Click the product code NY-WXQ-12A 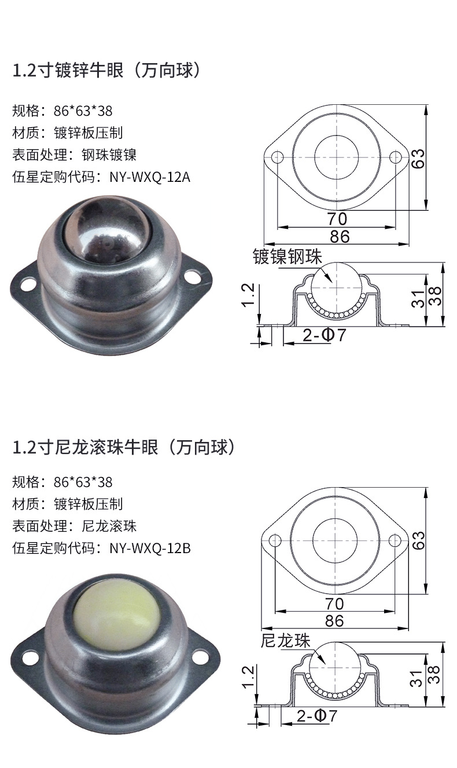click(x=150, y=177)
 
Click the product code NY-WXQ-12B click(x=150, y=547)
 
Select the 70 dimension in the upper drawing click(x=337, y=219)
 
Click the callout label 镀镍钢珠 click(x=288, y=257)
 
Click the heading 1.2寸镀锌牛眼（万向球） click(x=108, y=71)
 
